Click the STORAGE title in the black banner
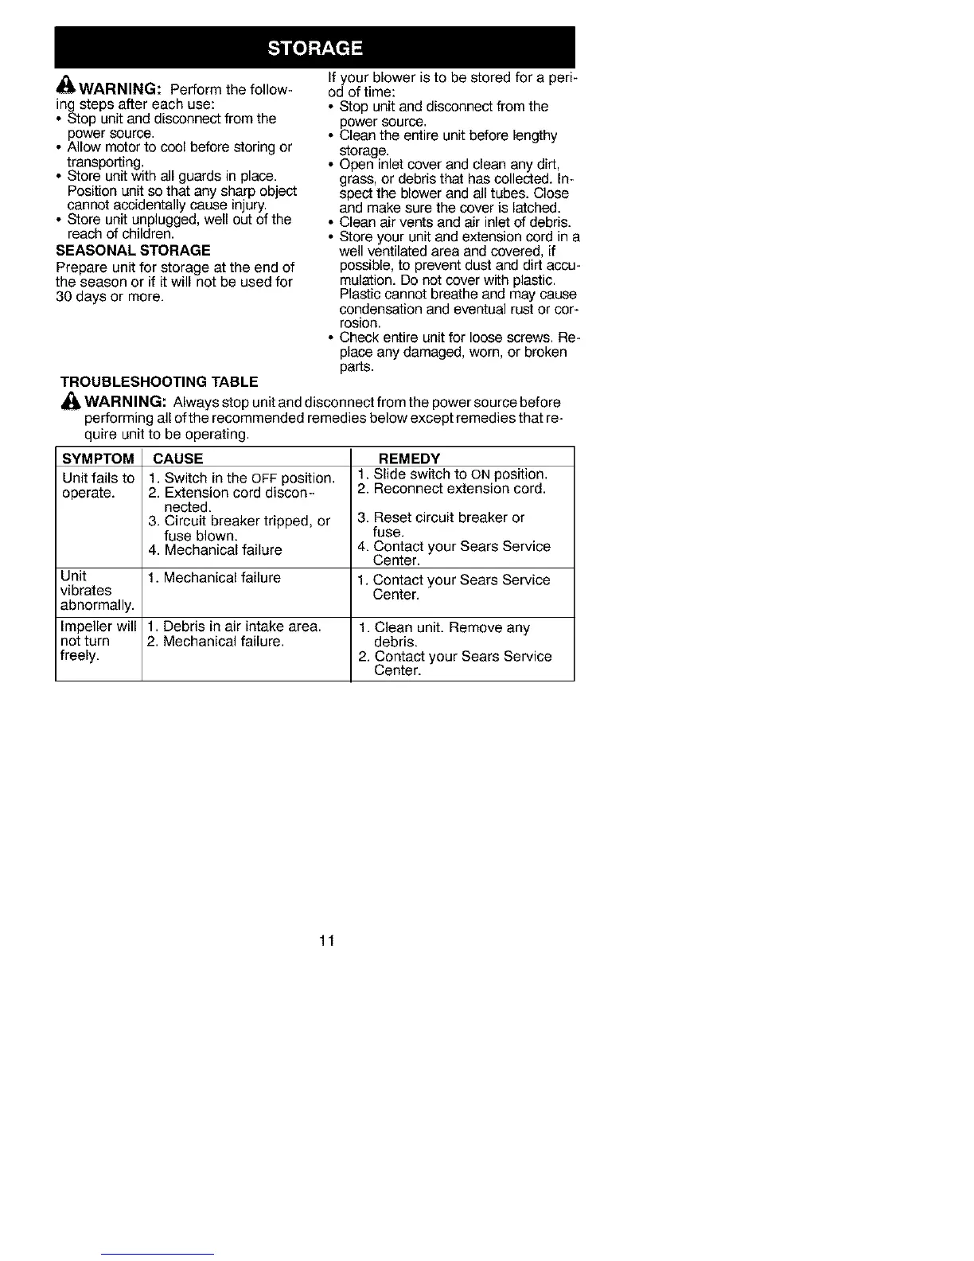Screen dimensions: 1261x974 tap(315, 48)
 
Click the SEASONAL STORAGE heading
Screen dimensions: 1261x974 tap(133, 251)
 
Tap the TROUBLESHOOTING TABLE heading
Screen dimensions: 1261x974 tap(159, 382)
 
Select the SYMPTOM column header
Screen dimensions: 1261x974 tap(98, 459)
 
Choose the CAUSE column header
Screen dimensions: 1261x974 tap(177, 459)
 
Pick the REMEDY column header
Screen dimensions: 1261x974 tap(409, 459)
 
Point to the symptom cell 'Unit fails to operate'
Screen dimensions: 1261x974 tap(98, 486)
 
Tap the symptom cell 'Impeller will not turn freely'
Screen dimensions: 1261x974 tap(98, 642)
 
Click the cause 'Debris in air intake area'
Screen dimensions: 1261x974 tap(235, 627)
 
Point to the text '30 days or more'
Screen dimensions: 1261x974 tap(110, 297)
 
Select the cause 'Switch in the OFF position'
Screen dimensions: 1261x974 tap(242, 478)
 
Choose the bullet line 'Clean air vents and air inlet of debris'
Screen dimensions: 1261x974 tap(454, 222)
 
